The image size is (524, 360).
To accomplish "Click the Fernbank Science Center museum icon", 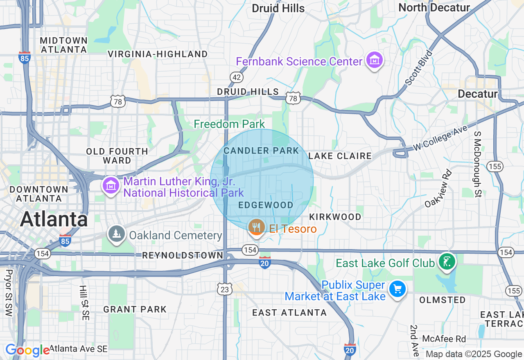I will coord(374,61).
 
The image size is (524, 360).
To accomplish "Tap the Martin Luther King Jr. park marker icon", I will coord(110,186).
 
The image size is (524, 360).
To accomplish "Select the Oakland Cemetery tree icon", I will coord(117,234).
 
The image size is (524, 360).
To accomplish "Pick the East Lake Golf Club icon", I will coord(447,262).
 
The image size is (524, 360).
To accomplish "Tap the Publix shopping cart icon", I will coord(397,289).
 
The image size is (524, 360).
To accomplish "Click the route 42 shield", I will coord(237,77).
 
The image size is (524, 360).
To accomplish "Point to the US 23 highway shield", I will coord(225,289).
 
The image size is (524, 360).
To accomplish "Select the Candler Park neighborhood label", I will coord(261,151).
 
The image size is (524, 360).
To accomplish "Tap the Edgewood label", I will coord(266,205).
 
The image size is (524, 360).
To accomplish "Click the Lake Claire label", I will coord(340,156).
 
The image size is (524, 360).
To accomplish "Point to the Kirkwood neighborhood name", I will coord(335,217).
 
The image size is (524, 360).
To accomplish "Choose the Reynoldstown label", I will coord(183,256).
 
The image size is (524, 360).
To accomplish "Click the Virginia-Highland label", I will coord(158,54).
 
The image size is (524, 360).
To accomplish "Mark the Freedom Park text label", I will coord(229,124).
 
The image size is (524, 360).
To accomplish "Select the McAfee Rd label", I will coord(444,339).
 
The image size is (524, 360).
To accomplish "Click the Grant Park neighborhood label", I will coord(135,309).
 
